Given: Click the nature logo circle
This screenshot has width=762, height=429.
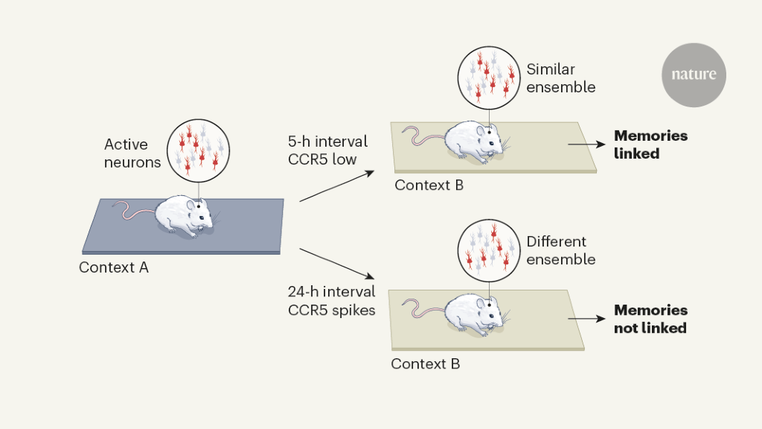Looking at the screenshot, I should [x=694, y=75].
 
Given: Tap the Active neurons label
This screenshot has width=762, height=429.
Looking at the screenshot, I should [x=132, y=153].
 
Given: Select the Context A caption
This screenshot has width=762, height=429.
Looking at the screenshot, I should [x=114, y=267].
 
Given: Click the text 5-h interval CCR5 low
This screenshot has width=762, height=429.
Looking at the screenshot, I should [x=327, y=150].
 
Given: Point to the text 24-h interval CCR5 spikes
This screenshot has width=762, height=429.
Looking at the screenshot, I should [x=331, y=301].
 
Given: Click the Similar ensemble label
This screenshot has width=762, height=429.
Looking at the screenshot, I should [x=561, y=78].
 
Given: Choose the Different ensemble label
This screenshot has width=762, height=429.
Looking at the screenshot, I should [x=561, y=251].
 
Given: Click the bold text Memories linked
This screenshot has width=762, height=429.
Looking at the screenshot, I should [x=650, y=144].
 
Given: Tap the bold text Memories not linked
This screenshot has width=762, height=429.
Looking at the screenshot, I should [x=650, y=319].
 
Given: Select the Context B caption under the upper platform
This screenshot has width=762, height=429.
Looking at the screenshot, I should [x=429, y=185].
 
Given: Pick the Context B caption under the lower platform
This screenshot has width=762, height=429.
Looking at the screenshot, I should [x=425, y=364].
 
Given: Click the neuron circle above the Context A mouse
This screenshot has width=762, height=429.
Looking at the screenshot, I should [x=198, y=149].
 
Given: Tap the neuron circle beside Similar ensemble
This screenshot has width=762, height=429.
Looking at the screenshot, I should [x=489, y=74].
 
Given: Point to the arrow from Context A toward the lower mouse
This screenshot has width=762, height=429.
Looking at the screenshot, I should [x=334, y=264].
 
